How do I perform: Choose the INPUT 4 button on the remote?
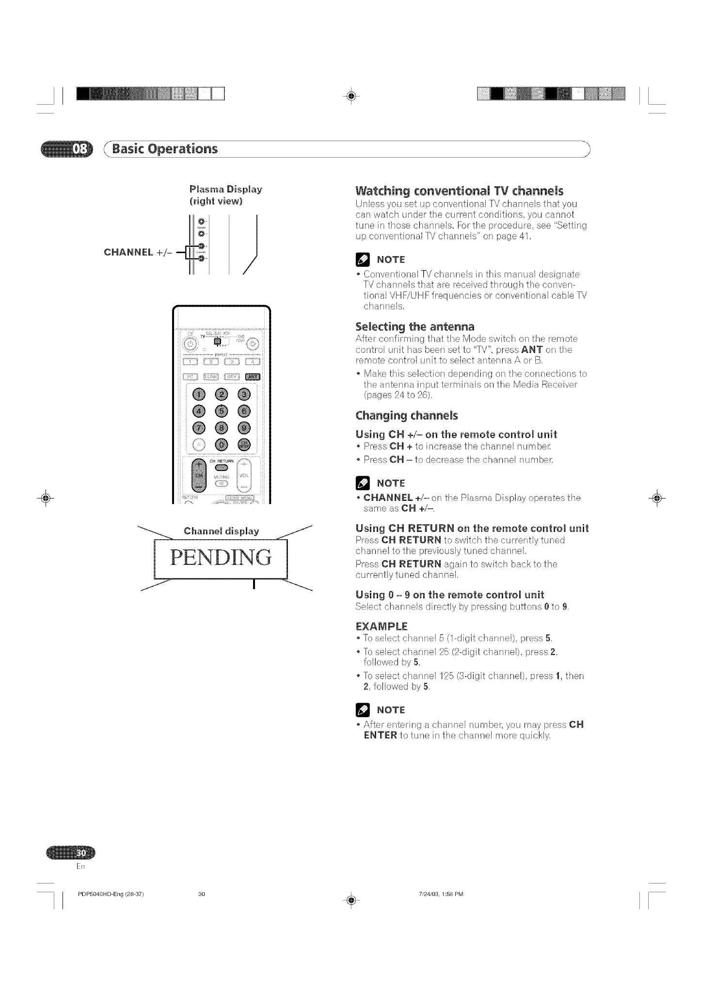(253, 360)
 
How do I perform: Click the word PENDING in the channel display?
(221, 558)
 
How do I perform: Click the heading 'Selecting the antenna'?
(415, 326)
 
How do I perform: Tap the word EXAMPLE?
(382, 626)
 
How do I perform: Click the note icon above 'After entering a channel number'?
(362, 710)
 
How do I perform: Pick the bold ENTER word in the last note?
(380, 749)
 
